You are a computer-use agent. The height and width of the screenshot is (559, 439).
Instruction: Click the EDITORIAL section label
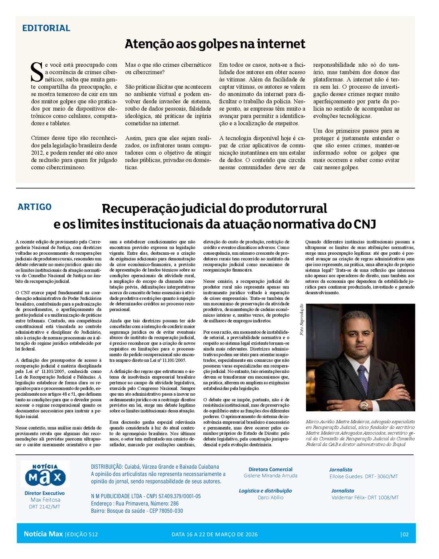click(46, 28)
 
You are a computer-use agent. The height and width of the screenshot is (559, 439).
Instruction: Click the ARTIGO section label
click(35, 207)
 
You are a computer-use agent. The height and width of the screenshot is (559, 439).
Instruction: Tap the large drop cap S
click(37, 72)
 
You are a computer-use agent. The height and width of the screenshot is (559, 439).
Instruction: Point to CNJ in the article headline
click(364, 224)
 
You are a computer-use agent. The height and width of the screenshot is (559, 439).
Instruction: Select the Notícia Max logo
click(45, 474)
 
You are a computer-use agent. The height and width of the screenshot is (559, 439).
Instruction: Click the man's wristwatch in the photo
click(364, 405)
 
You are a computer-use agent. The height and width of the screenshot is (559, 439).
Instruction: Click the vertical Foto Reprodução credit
click(302, 319)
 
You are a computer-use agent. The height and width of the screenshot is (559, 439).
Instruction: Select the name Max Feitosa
click(45, 500)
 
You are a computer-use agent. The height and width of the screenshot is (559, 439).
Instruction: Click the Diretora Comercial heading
click(270, 469)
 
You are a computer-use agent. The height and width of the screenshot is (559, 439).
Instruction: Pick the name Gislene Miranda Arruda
click(270, 476)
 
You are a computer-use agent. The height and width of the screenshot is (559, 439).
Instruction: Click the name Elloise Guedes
click(346, 476)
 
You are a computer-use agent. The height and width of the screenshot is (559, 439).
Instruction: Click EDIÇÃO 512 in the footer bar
click(82, 534)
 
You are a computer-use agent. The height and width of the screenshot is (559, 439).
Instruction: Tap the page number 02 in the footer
click(405, 534)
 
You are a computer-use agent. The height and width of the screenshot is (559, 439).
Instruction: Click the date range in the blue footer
click(214, 534)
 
